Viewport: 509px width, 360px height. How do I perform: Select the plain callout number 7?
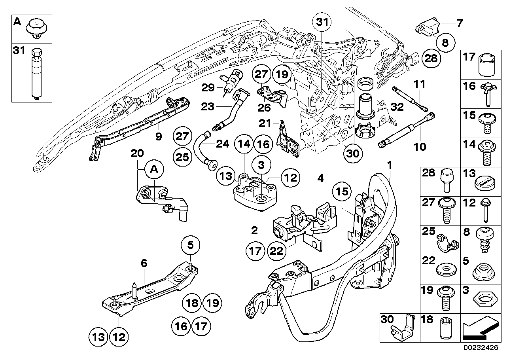pos(459,23)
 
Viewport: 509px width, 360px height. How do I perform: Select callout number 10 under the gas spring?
pos(420,147)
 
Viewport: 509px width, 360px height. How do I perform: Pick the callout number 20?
pos(136,154)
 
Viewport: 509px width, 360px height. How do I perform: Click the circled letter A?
pos(154,171)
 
